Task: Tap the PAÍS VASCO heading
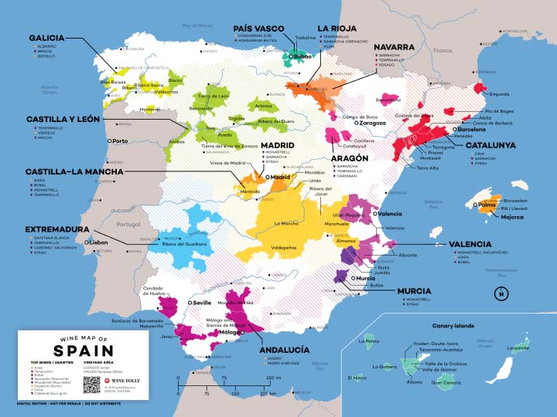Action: pyautogui.click(x=263, y=29)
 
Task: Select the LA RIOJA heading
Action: pyautogui.click(x=339, y=29)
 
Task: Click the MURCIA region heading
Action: pyautogui.click(x=415, y=291)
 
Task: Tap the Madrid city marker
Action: pyautogui.click(x=267, y=177)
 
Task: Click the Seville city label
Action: pyautogui.click(x=201, y=303)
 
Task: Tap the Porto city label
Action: pyautogui.click(x=120, y=141)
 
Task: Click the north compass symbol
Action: pyautogui.click(x=502, y=293)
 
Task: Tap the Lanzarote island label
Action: pyautogui.click(x=518, y=348)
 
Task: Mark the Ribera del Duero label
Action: pyautogui.click(x=276, y=121)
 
